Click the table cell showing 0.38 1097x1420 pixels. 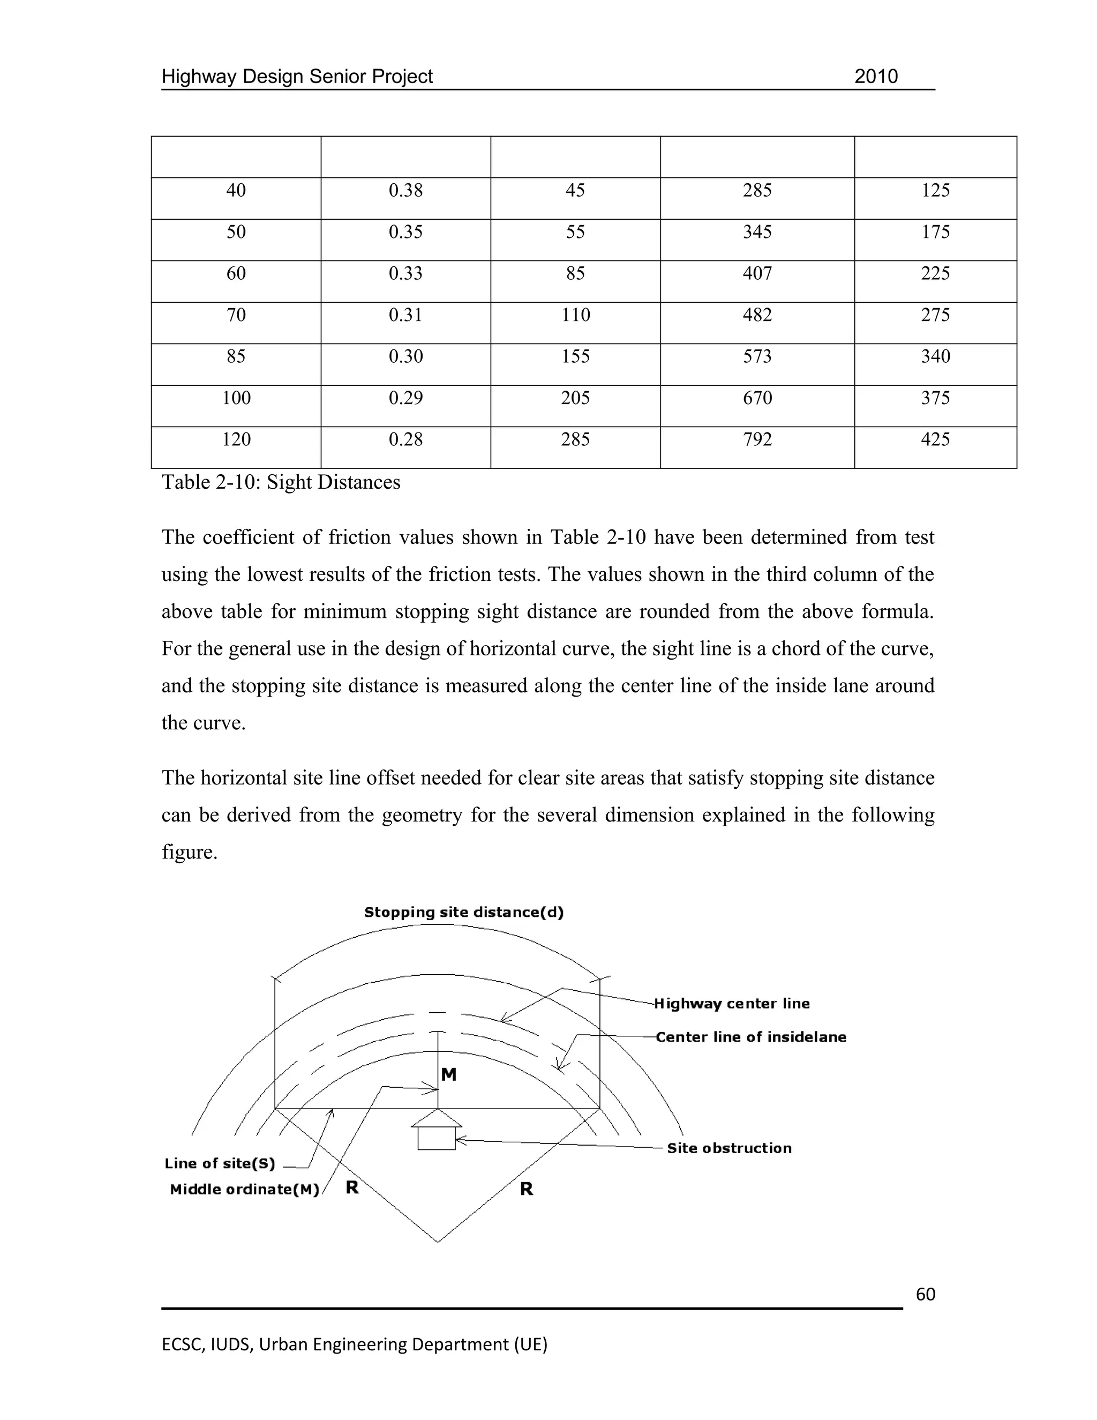pyautogui.click(x=405, y=191)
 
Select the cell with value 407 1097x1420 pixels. pyautogui.click(x=757, y=273)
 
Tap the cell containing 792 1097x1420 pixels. pyautogui.click(x=757, y=439)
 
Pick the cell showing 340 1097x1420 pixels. pyautogui.click(x=935, y=356)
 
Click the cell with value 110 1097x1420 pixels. pyautogui.click(x=575, y=315)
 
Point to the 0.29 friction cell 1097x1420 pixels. pyautogui.click(x=405, y=398)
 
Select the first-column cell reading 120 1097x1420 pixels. pyautogui.click(x=236, y=439)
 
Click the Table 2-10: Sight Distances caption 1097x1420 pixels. pyautogui.click(x=281, y=482)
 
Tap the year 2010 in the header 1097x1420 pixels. pyautogui.click(x=875, y=77)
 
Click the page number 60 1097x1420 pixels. pyautogui.click(x=925, y=1295)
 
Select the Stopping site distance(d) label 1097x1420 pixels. pyautogui.click(x=463, y=912)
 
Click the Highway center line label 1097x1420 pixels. pyautogui.click(x=732, y=1003)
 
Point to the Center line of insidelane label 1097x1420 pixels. pyautogui.click(x=750, y=1037)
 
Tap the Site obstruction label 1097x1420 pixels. pyautogui.click(x=729, y=1148)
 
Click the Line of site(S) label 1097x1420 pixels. pyautogui.click(x=220, y=1164)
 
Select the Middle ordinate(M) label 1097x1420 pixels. pyautogui.click(x=244, y=1190)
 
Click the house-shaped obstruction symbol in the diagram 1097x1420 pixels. pyautogui.click(x=437, y=1132)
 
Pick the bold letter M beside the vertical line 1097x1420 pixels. pyautogui.click(x=448, y=1075)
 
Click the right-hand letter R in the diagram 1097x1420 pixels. pyautogui.click(x=527, y=1189)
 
